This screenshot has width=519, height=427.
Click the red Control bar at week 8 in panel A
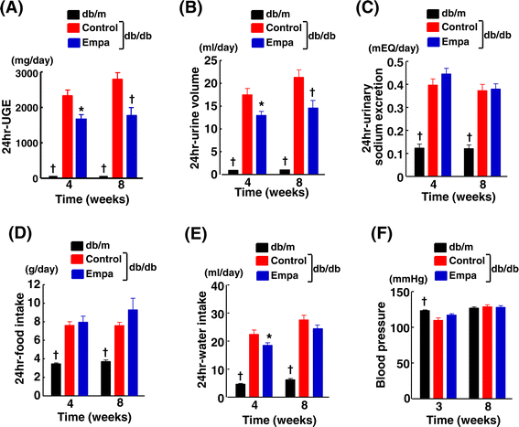(117, 128)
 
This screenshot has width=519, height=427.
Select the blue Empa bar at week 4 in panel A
(81, 148)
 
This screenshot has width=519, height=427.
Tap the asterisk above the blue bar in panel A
(81, 110)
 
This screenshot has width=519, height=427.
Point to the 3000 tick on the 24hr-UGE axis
(27, 73)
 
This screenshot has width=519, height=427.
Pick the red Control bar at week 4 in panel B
(247, 134)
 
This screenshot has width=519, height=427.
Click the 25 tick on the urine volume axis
(211, 60)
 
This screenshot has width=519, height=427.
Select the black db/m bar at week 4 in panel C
(419, 162)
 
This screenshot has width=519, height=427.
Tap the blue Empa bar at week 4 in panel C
(447, 124)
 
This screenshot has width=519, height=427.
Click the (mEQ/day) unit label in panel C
(394, 48)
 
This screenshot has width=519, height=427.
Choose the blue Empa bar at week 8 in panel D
(133, 352)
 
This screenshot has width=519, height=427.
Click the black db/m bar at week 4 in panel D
(56, 379)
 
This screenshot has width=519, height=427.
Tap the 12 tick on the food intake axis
(35, 284)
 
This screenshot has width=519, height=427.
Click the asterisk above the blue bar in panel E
(269, 337)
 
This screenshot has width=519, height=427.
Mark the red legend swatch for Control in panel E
(262, 261)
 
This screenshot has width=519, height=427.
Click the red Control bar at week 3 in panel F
(438, 359)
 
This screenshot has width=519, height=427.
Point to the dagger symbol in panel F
(424, 302)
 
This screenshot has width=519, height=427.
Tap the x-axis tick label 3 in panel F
(438, 406)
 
